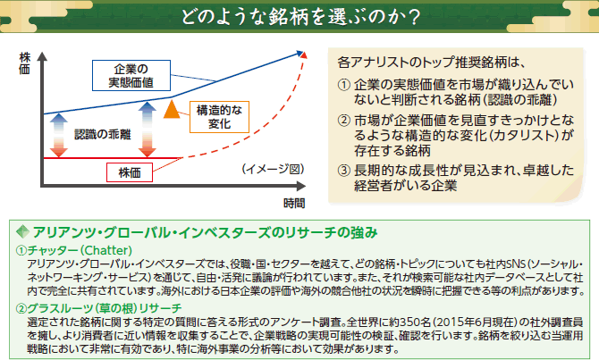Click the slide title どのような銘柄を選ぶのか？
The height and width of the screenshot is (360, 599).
(x=300, y=16)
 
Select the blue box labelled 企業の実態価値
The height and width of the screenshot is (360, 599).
(x=131, y=76)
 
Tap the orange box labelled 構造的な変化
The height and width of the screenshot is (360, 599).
(x=219, y=117)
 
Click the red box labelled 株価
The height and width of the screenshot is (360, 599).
(x=130, y=172)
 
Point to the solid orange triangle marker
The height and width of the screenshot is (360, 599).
(x=172, y=110)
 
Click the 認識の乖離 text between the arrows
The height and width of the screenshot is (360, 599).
(x=103, y=134)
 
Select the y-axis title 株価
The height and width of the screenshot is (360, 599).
(x=24, y=63)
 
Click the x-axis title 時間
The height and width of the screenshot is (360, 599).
(x=294, y=204)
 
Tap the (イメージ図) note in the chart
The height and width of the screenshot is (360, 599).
(x=273, y=169)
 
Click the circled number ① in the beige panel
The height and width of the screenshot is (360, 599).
(x=344, y=84)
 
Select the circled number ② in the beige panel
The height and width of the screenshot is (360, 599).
(x=344, y=121)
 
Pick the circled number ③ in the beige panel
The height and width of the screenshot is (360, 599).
(x=344, y=171)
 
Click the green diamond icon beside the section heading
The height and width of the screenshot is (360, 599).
(x=23, y=231)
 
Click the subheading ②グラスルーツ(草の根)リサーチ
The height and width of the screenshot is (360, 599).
(x=98, y=308)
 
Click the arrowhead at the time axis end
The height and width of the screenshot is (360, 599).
(x=301, y=187)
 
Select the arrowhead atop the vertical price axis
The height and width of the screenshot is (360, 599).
(x=42, y=57)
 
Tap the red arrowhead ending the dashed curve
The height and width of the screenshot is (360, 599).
(x=304, y=55)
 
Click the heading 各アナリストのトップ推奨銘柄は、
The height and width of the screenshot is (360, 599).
(x=432, y=63)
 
